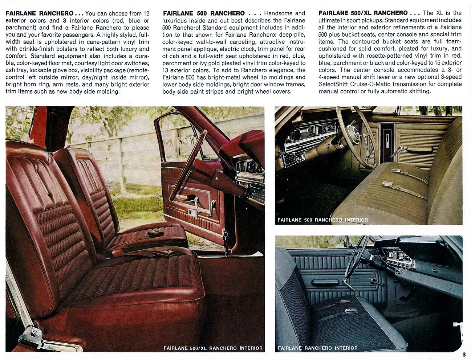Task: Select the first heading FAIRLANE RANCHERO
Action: (39, 13)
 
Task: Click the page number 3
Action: (464, 355)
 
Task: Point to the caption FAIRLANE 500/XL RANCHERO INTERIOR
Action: (213, 348)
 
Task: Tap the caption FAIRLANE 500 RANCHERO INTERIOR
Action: (322, 220)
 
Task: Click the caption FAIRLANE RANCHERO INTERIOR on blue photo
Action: (317, 348)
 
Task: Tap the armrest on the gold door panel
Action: (419, 149)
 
